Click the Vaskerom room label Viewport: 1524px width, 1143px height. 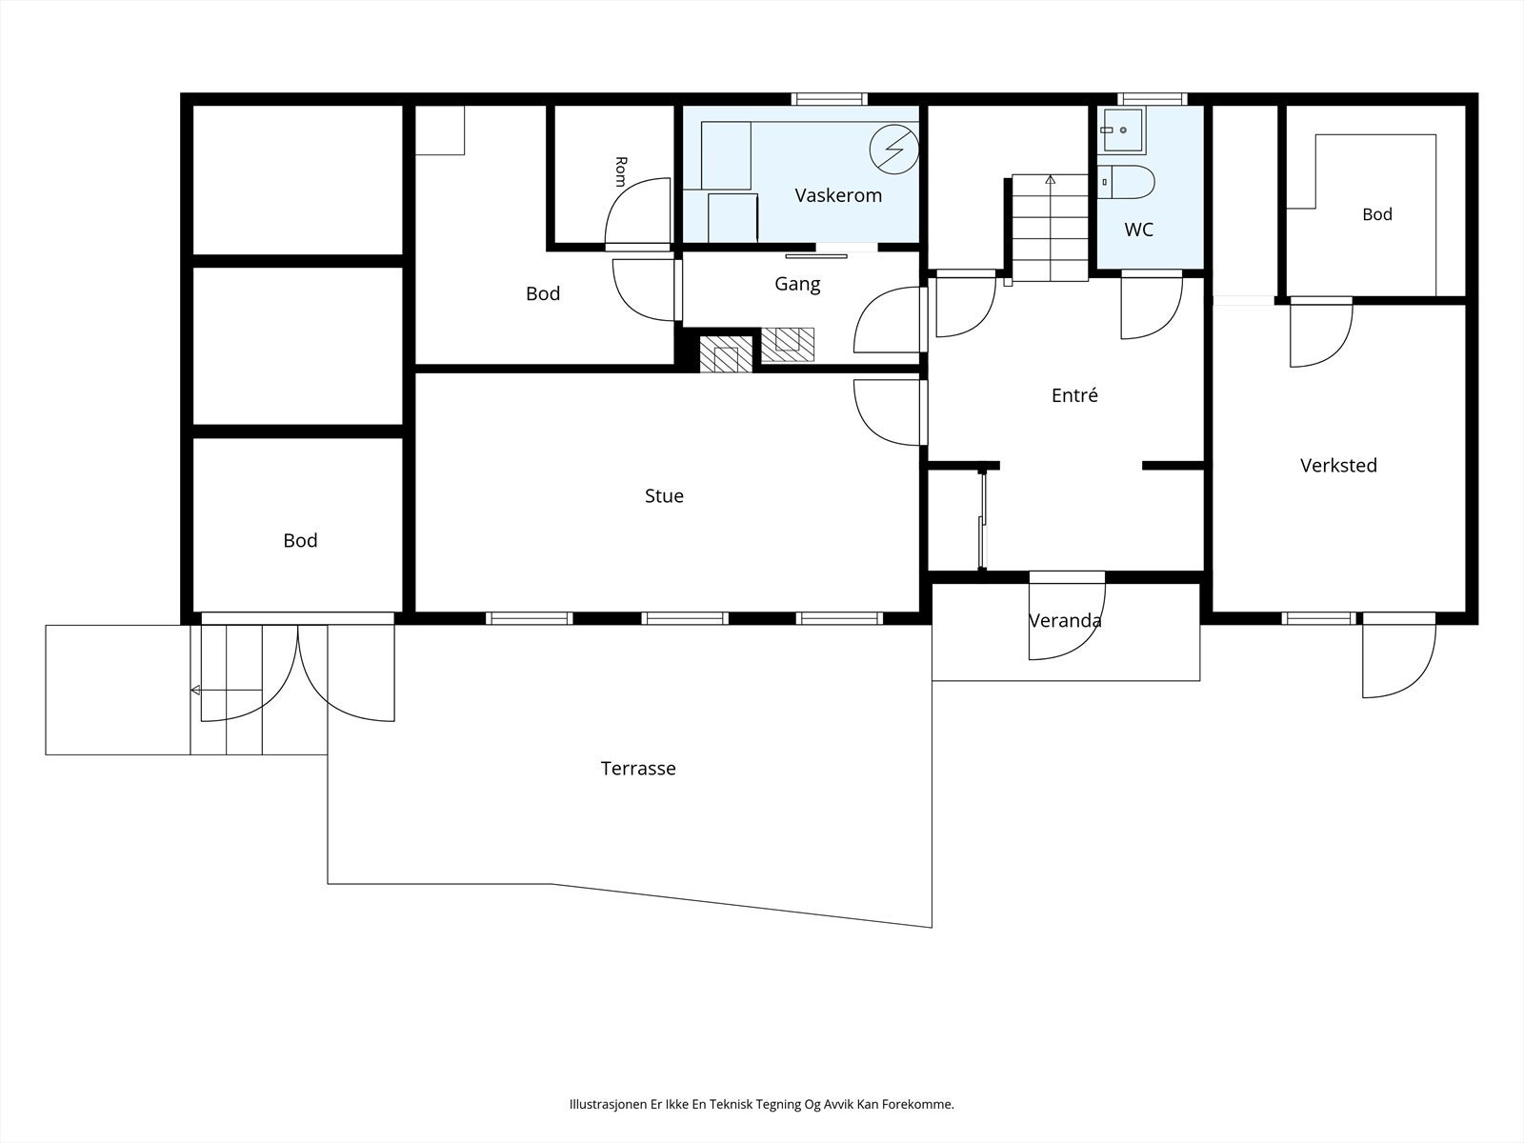pyautogui.click(x=838, y=195)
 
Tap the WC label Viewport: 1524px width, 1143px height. pyautogui.click(x=1138, y=230)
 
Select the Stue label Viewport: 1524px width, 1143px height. pyautogui.click(x=664, y=496)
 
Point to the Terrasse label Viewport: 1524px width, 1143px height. pyautogui.click(x=638, y=769)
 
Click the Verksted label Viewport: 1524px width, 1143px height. pyautogui.click(x=1338, y=465)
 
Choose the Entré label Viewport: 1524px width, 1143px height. pyautogui.click(x=1074, y=395)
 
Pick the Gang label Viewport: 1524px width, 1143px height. pyautogui.click(x=797, y=285)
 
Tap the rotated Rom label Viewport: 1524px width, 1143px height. pyautogui.click(x=621, y=171)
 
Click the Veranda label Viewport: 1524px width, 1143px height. pyautogui.click(x=1065, y=620)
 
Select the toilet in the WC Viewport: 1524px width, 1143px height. pyautogui.click(x=1126, y=182)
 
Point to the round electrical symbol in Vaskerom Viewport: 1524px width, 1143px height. pyautogui.click(x=894, y=150)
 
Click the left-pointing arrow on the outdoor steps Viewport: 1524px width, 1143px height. pyautogui.click(x=227, y=691)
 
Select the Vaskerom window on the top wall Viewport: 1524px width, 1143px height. pyautogui.click(x=829, y=99)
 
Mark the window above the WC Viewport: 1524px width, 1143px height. pyautogui.click(x=1152, y=99)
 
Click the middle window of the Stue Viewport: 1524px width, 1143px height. pyautogui.click(x=685, y=618)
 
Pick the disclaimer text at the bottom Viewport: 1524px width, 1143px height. pyautogui.click(x=762, y=1104)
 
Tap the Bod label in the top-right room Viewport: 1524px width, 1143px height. pyautogui.click(x=1377, y=214)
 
